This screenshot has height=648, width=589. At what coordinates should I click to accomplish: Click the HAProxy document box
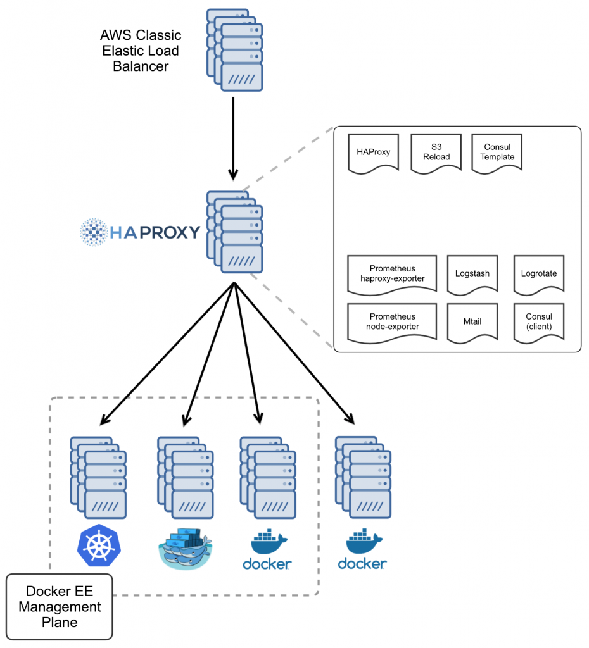(x=373, y=152)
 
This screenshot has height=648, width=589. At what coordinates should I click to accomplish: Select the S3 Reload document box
(x=436, y=152)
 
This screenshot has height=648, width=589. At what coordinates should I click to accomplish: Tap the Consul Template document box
(x=497, y=152)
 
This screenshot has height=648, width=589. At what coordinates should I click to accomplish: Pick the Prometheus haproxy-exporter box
(x=392, y=273)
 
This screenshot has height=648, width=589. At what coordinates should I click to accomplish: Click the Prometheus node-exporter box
(x=392, y=321)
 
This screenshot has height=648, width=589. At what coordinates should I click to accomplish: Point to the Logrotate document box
(x=538, y=274)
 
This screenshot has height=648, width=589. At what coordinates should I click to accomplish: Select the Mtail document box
(x=472, y=321)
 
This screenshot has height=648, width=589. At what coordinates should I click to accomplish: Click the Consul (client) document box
(x=538, y=321)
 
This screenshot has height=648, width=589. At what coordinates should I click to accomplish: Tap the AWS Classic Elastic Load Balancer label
(x=141, y=50)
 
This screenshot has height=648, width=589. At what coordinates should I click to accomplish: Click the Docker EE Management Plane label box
(x=60, y=606)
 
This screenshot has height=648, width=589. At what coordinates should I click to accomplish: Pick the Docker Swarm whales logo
(x=185, y=547)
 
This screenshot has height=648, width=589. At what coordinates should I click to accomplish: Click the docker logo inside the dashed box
(x=267, y=551)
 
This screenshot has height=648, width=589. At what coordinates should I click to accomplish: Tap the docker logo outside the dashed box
(x=362, y=551)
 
